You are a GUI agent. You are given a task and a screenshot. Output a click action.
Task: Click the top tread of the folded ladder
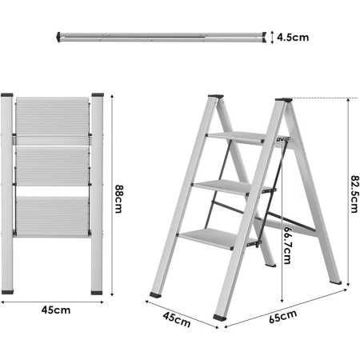tap(54, 120)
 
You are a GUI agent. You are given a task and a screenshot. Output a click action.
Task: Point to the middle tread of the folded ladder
tap(54, 167)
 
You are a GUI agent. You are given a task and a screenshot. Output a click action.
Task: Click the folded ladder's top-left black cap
tap(8, 95)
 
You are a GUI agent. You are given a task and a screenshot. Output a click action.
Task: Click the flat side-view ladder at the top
tap(160, 36)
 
